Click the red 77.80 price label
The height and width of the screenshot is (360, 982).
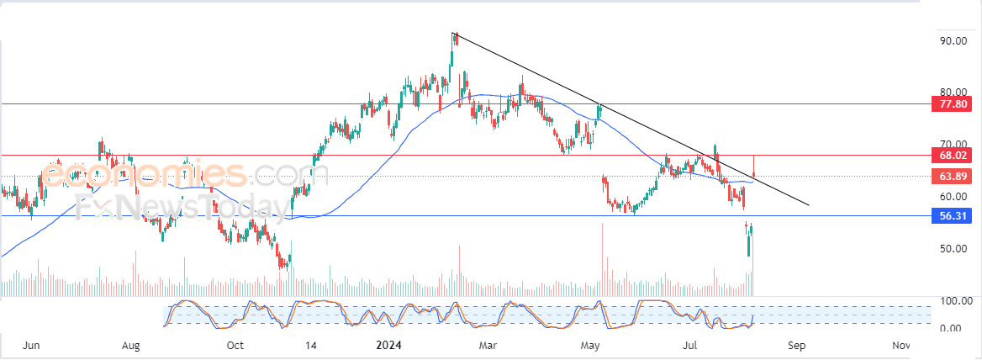pos(953,104)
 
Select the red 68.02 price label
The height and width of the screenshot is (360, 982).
pos(953,155)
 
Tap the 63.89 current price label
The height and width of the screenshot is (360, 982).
pos(953,176)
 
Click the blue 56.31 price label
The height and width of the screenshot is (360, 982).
pos(953,215)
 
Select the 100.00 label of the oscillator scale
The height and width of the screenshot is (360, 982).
pos(953,302)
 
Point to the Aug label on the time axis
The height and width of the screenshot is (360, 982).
pos(130,345)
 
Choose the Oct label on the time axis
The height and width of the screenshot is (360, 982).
pos(235,345)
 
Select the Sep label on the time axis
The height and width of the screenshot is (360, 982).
pos(797,345)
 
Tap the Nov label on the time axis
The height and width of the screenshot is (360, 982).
pos(900,345)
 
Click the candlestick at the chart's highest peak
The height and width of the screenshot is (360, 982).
pos(457,38)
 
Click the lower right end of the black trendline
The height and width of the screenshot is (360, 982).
pos(809,204)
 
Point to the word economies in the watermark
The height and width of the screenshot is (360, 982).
pos(143,173)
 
